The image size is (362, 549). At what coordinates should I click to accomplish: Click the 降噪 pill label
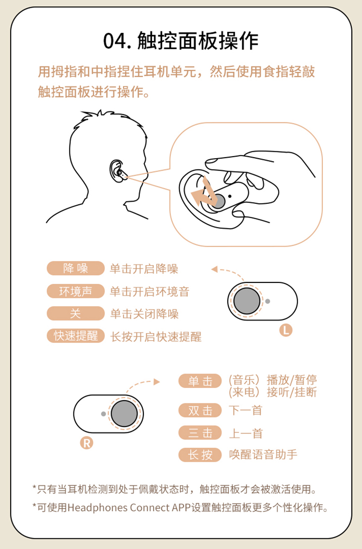[x=76, y=268]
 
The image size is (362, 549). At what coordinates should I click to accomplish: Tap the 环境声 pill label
[x=76, y=291]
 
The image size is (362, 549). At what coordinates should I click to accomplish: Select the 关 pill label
[x=76, y=313]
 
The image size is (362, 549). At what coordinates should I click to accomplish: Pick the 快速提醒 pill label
[x=76, y=336]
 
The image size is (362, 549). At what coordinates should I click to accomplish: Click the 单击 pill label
[x=200, y=381]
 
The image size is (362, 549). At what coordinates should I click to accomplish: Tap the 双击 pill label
[x=200, y=410]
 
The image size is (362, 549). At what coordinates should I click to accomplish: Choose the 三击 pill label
[x=200, y=433]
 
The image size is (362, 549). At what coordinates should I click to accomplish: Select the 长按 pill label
[x=200, y=455]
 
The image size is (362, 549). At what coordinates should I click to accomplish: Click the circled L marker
[x=286, y=330]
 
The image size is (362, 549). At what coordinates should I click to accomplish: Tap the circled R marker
[x=87, y=443]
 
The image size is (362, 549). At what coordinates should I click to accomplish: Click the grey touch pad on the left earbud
[x=247, y=301]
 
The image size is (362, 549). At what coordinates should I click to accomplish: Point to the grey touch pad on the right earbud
[x=125, y=414]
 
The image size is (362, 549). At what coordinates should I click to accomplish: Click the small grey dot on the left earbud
[x=268, y=301]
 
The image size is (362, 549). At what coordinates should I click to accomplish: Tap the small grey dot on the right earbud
[x=103, y=414]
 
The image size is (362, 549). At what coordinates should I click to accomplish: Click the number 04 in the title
[x=115, y=41]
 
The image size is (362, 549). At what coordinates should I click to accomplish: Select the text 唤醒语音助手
[x=263, y=455]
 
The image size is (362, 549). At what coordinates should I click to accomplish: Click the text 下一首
[x=246, y=410]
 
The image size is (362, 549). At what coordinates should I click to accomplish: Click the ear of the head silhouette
[x=116, y=171]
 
